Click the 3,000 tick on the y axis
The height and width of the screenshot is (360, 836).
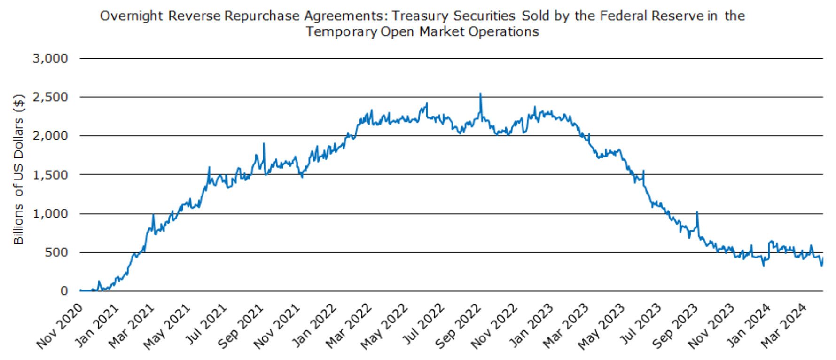(50, 59)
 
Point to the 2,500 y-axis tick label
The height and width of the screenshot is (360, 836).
(50, 97)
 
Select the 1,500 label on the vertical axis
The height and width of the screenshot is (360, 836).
(50, 175)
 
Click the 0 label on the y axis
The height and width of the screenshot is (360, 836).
(64, 291)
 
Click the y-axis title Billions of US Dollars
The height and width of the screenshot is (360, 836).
(18, 170)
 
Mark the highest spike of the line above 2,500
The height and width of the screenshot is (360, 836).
(480, 94)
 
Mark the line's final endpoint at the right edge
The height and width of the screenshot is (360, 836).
(823, 258)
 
